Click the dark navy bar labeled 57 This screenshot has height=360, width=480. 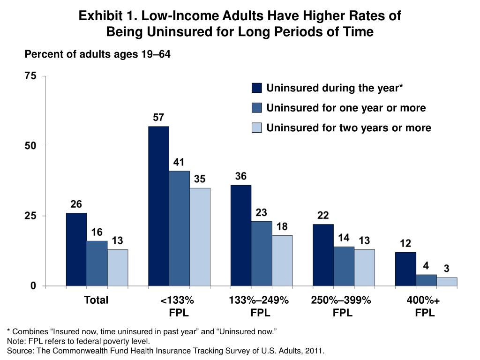click(x=158, y=206)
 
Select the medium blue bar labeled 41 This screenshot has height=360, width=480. click(x=179, y=228)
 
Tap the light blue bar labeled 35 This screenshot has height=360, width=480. click(x=200, y=237)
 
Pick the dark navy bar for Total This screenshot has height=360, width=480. click(x=76, y=249)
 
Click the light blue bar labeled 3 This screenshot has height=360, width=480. click(x=447, y=282)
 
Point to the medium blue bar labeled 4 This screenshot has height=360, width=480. click(x=426, y=280)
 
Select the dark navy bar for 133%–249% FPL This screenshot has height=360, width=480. click(x=241, y=235)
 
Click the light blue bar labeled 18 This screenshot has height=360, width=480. click(x=282, y=261)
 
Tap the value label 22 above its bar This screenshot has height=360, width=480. click(x=323, y=216)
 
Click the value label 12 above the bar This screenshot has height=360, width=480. click(x=405, y=244)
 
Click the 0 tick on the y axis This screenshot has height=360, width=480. click(x=33, y=286)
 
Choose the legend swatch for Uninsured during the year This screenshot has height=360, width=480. click(x=256, y=89)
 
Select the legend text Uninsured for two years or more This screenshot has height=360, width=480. click(x=348, y=128)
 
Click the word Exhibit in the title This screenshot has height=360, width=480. click(x=96, y=16)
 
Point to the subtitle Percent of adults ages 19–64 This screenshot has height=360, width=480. click(x=97, y=55)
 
